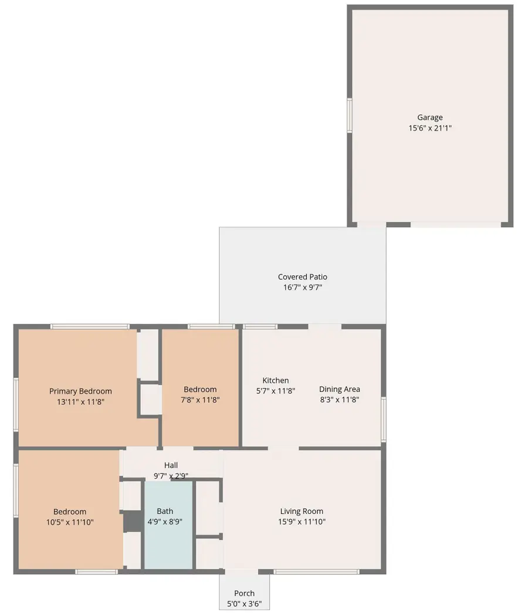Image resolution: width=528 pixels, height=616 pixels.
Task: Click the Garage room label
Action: pos(430,117)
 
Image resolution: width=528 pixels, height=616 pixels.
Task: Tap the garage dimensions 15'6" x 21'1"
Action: pos(430,127)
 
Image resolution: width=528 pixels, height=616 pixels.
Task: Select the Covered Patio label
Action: pos(303,277)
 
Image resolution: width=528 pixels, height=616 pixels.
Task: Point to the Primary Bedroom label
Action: pos(80,391)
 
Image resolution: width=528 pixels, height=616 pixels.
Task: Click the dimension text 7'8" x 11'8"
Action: pos(200,400)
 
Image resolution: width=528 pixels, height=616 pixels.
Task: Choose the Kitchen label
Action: pos(276,380)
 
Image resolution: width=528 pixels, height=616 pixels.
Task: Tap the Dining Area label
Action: pos(340,389)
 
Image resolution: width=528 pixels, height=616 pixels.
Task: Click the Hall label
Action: pos(171,465)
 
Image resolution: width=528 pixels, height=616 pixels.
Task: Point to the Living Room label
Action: pos(302,511)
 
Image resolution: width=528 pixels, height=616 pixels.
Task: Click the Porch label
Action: pos(245,593)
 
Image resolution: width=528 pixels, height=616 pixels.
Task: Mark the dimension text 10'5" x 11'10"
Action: pos(70,522)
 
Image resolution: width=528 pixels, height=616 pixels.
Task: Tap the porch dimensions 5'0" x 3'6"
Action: pos(245,603)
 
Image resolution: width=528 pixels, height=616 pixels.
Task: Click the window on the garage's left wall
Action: pos(350,114)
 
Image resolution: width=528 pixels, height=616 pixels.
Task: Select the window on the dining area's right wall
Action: pos(383,419)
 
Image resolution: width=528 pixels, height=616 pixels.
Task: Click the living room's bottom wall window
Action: pos(317,571)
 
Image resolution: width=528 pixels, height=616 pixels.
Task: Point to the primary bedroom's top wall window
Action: pos(90,326)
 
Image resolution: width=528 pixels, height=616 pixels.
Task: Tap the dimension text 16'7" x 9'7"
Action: pos(303,287)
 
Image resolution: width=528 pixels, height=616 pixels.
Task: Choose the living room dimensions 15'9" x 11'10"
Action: pos(302,522)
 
